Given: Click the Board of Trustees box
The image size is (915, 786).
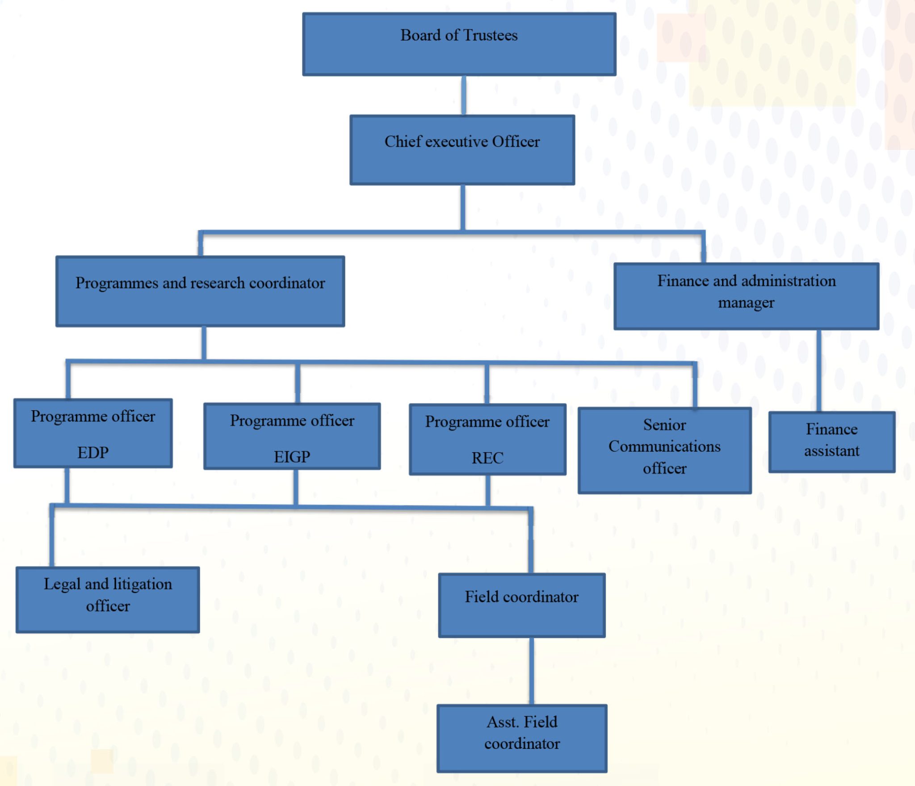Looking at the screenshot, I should [x=459, y=44].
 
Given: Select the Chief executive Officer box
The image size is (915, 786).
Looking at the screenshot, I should [x=462, y=150].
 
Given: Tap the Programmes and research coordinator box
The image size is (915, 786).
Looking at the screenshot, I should [x=200, y=291].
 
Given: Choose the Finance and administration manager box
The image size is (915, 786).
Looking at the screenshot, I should [x=746, y=296].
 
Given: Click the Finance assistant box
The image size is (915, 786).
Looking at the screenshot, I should [x=831, y=441].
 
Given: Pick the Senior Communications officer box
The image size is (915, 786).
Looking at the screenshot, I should [x=664, y=450].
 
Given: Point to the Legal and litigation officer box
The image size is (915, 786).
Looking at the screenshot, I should [x=108, y=600].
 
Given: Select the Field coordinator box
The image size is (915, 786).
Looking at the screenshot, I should [x=522, y=605].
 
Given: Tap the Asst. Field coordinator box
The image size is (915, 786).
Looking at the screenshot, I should [x=522, y=738].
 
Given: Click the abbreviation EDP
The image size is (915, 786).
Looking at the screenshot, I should [x=93, y=453].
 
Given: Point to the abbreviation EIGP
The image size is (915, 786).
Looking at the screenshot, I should [x=292, y=457].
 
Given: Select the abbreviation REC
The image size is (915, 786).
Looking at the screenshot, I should [x=487, y=458].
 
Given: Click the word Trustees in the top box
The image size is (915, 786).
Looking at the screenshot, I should [x=490, y=35].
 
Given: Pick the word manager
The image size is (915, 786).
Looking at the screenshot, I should [x=746, y=303].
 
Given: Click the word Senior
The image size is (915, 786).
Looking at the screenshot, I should [x=664, y=425].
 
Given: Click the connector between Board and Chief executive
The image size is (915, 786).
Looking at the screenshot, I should [x=464, y=95].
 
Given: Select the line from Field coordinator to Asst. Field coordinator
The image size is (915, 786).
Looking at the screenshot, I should [x=532, y=671].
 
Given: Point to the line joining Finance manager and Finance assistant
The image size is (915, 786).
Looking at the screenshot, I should [x=819, y=370].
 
